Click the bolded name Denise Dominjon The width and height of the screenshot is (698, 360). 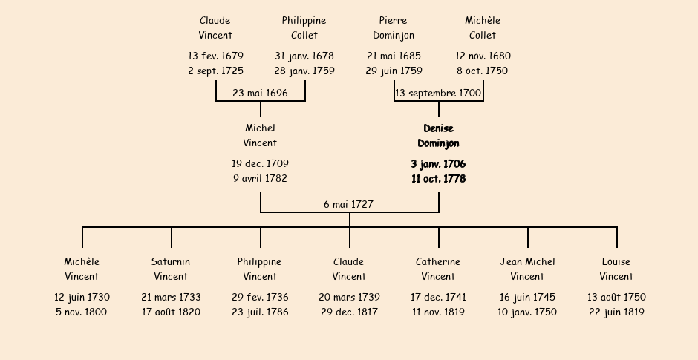tap(438, 136)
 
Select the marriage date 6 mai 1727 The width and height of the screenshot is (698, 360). tap(348, 204)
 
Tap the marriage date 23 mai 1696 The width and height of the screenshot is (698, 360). tap(260, 93)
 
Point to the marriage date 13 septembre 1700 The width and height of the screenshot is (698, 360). tap(438, 94)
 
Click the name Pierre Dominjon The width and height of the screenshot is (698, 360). tap(394, 27)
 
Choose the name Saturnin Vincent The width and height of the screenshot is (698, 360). tap(171, 269)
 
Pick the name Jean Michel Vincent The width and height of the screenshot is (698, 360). tap(527, 269)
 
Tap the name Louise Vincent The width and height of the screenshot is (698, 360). tap(616, 269)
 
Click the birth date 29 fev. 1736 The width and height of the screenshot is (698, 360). tap(260, 297)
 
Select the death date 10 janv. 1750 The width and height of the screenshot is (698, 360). tap(527, 312)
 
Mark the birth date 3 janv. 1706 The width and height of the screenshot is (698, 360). tap(438, 164)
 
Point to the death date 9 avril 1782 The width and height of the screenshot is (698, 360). tap(260, 178)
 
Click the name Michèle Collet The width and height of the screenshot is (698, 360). tap(483, 27)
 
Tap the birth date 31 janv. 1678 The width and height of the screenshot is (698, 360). tap(304, 56)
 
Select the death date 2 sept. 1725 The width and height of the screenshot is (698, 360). tap(215, 71)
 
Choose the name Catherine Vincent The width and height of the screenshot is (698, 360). tap(438, 269)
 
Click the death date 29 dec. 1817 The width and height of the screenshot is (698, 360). tap(349, 312)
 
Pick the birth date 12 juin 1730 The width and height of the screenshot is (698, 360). tap(82, 297)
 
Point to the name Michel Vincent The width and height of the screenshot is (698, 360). tap(260, 135)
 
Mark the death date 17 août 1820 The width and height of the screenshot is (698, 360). tap(171, 312)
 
